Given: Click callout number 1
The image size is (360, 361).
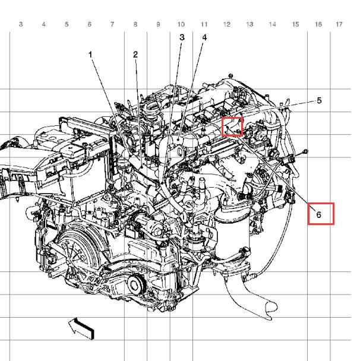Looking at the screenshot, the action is (90, 55).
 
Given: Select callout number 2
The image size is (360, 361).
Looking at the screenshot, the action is (135, 55).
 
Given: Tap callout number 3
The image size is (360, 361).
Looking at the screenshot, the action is (182, 37).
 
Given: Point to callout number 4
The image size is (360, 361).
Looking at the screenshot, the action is (204, 37).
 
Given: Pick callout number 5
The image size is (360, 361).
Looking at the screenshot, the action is (319, 100).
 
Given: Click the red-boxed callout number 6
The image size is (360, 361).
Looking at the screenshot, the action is (319, 214).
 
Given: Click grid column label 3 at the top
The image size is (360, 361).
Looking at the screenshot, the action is (21, 24).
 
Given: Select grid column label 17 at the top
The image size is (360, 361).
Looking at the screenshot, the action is (339, 24).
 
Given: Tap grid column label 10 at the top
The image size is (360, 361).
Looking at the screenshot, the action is (181, 24).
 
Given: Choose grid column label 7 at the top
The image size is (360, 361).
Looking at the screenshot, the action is (112, 24).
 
